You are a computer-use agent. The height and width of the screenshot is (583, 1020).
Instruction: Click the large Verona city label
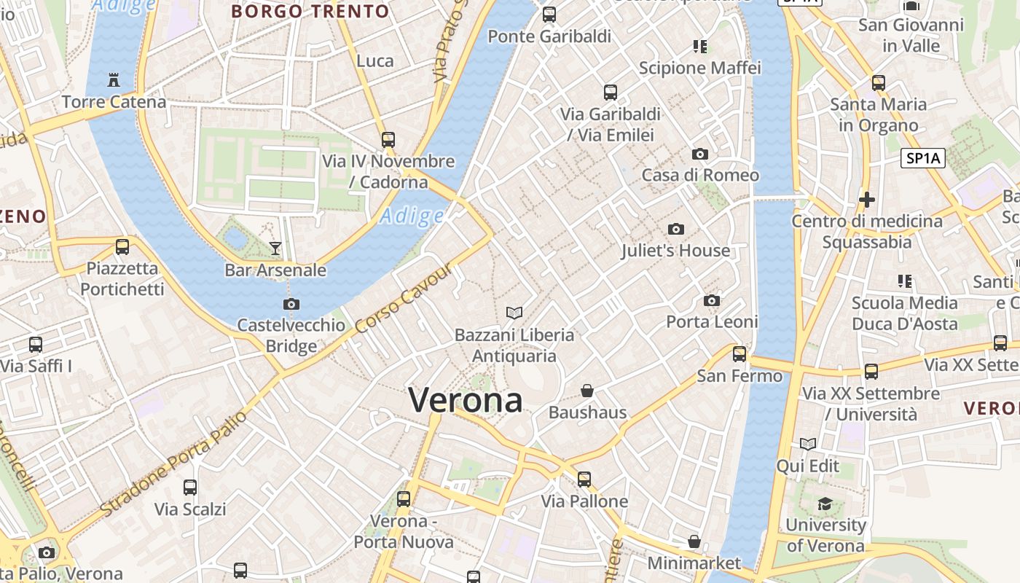pyautogui.click(x=466, y=400)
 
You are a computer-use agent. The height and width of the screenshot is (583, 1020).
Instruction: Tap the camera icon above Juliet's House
pyautogui.click(x=676, y=230)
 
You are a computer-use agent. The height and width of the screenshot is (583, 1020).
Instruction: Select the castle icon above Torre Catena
pyautogui.click(x=113, y=80)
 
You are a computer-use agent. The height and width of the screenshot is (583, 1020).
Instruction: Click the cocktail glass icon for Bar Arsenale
pyautogui.click(x=275, y=249)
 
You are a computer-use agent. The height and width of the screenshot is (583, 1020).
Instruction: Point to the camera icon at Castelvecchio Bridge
pyautogui.click(x=291, y=304)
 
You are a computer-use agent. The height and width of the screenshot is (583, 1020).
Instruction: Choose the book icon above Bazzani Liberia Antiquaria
pyautogui.click(x=514, y=313)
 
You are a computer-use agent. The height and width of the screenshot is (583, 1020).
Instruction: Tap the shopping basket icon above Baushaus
pyautogui.click(x=587, y=391)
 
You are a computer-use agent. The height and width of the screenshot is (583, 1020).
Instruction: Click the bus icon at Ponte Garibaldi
pyautogui.click(x=549, y=14)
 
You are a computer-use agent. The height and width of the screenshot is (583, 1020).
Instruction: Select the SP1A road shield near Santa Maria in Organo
pyautogui.click(x=922, y=158)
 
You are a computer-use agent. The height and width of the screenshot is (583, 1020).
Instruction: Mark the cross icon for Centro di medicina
pyautogui.click(x=867, y=199)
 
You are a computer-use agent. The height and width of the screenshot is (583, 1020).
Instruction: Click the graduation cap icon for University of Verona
pyautogui.click(x=825, y=504)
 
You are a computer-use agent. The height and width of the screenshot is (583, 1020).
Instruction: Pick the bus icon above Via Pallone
pyautogui.click(x=584, y=480)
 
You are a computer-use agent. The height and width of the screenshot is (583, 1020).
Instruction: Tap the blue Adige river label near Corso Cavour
pyautogui.click(x=412, y=216)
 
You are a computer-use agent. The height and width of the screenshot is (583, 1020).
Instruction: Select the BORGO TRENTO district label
pyautogui.click(x=310, y=12)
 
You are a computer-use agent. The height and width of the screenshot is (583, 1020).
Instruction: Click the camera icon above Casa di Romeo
pyautogui.click(x=700, y=154)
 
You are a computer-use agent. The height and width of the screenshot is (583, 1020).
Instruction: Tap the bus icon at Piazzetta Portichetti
pyautogui.click(x=122, y=247)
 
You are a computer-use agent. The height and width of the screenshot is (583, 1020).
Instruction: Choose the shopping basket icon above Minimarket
pyautogui.click(x=694, y=541)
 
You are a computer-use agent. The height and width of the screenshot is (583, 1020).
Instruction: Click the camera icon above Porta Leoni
pyautogui.click(x=712, y=300)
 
